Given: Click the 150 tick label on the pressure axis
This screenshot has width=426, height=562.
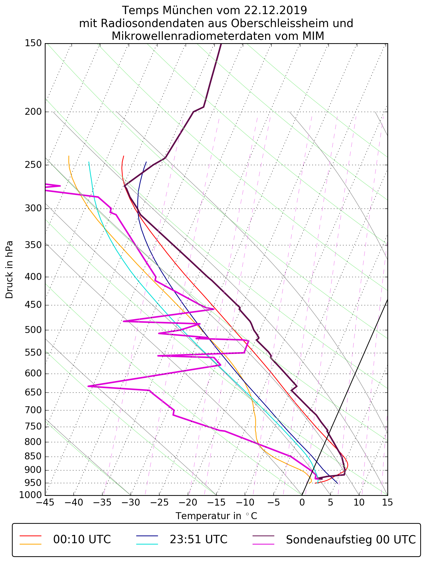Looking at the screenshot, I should tap(33, 43).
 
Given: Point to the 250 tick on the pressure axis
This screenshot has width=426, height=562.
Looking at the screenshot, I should tap(33, 165).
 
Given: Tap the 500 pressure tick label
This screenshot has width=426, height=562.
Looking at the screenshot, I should tap(33, 330).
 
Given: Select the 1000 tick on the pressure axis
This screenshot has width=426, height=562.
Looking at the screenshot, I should tap(31, 495).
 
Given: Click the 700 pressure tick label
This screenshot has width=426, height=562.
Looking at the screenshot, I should tap(33, 410).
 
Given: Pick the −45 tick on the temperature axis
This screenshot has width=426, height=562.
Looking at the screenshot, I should tap(45, 502).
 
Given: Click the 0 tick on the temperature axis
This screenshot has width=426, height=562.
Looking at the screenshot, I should tap(302, 502).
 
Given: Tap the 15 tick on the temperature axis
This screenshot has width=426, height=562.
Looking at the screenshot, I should tap(387, 502).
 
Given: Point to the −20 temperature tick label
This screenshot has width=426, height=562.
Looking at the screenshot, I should tap(188, 502).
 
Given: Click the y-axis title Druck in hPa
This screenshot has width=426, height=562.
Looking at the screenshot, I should tap(9, 270).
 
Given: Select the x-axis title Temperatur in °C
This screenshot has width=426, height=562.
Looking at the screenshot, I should tap(216, 516).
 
